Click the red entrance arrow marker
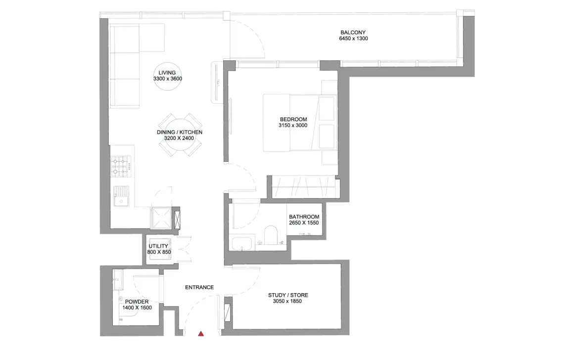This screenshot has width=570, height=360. click(x=201, y=333)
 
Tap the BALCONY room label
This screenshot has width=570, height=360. click(x=353, y=32)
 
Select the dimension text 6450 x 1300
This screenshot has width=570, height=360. click(x=353, y=39)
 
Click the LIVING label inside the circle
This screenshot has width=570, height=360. click(x=167, y=73)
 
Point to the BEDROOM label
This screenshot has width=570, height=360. click(x=293, y=119)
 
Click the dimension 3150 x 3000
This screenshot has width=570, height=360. click(x=293, y=125)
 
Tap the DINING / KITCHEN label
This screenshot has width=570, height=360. click(x=180, y=132)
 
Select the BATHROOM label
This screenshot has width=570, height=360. click(x=304, y=217)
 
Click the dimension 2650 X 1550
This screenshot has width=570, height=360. click(x=304, y=223)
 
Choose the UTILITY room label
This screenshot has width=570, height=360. click(x=158, y=246)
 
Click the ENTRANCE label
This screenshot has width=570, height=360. click(x=199, y=287)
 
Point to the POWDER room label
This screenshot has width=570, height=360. click(x=137, y=302)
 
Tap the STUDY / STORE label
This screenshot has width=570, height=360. click(x=288, y=295)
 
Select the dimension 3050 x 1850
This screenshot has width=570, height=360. click(x=287, y=301)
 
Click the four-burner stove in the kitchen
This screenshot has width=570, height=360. click(x=121, y=166)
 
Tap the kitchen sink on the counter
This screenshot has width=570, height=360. click(x=121, y=196)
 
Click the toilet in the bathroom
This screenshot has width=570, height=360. click(x=271, y=235)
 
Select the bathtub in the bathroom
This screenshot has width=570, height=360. click(x=240, y=244)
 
